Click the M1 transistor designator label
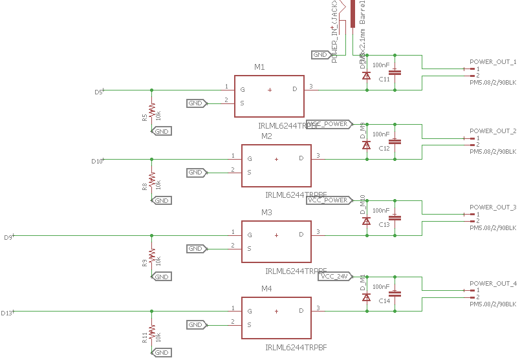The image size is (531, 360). (x=259, y=67)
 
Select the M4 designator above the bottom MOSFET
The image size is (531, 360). (x=266, y=288)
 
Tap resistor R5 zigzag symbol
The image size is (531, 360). (x=151, y=109)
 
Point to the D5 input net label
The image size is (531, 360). (x=98, y=92)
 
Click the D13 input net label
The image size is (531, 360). (x=6, y=313)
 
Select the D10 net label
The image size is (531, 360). (x=96, y=161)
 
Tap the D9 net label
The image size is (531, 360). (x=8, y=238)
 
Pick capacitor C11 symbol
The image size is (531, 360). (x=396, y=72)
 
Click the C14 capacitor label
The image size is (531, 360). (x=384, y=301)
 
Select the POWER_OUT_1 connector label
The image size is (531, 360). (x=493, y=62)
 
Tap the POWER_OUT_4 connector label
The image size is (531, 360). (x=493, y=284)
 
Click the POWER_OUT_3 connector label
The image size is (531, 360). (x=493, y=207)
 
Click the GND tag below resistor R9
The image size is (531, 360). (x=161, y=277)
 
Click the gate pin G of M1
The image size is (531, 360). (x=243, y=89)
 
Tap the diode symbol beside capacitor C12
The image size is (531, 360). (x=366, y=145)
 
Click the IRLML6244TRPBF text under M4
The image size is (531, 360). (x=296, y=348)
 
